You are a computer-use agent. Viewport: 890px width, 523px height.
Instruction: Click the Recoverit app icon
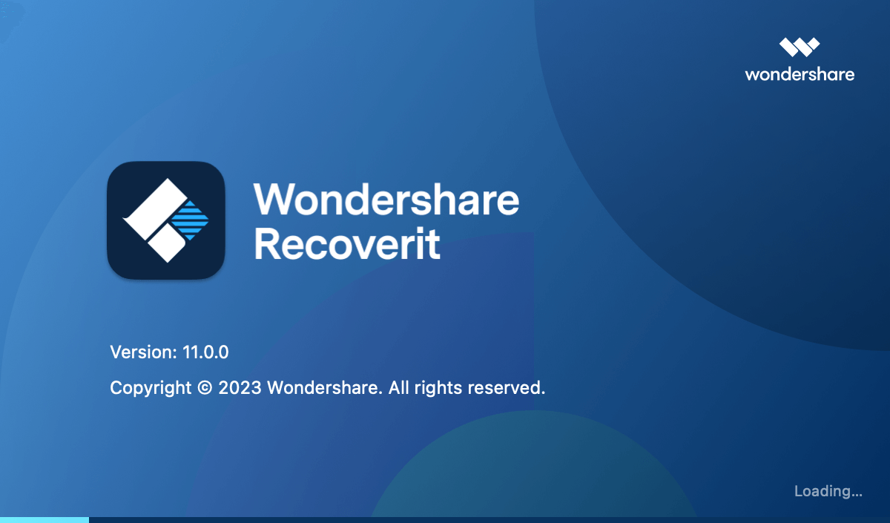(166, 220)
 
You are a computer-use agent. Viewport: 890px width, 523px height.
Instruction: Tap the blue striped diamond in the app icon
(191, 220)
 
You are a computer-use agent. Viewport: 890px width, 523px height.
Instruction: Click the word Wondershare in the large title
(386, 199)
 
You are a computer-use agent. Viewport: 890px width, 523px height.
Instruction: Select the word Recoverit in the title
(347, 243)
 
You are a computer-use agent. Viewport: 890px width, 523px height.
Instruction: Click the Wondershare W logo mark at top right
(800, 47)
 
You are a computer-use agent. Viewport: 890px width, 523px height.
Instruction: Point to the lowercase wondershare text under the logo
(800, 74)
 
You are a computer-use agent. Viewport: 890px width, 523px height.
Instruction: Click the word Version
(143, 352)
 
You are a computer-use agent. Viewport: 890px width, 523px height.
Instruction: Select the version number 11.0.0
(205, 352)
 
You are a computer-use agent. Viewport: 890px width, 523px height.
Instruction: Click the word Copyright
(151, 388)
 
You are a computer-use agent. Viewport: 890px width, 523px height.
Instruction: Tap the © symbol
(205, 387)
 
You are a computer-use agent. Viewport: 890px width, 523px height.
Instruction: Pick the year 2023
(240, 387)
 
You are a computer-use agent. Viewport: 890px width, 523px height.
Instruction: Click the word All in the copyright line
(398, 387)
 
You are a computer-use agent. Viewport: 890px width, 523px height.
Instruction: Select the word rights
(438, 388)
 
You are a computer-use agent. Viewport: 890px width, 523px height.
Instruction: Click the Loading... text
(828, 492)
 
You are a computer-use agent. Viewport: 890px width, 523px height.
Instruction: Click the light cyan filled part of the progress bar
(44, 520)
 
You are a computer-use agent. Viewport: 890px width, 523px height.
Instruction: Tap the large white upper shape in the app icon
(155, 209)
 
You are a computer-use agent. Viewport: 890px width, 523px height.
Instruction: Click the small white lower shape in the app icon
(168, 244)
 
